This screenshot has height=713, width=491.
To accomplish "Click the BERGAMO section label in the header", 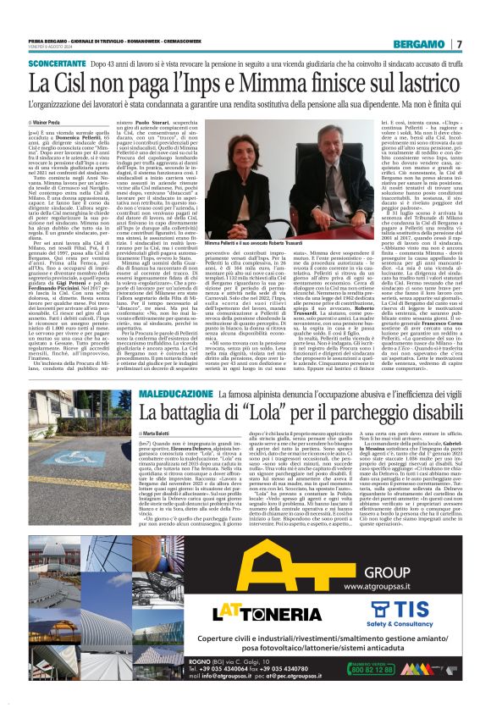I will [425, 43].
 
